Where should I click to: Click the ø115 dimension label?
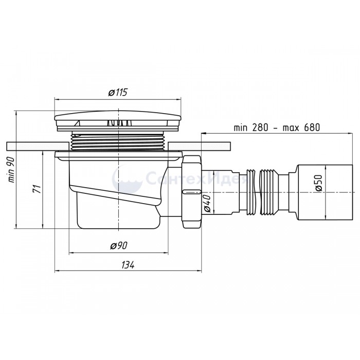coord(117,92)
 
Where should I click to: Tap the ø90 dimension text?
coord(119,246)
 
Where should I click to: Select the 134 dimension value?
coord(128,265)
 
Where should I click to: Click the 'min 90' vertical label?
coord(11,170)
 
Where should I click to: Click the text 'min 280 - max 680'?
coord(277,128)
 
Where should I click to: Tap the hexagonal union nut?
coord(191,192)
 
